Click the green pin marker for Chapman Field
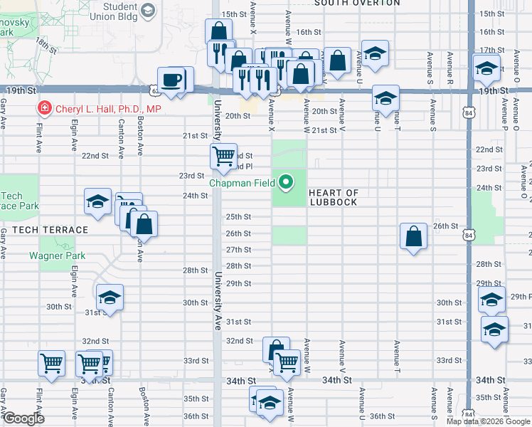287,183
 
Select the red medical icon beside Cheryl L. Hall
44,109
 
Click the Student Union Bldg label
134,11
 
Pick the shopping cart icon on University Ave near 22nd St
223,155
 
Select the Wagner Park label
57,255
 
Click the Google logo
23,418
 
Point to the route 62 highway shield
154,90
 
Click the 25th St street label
238,216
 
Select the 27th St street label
238,250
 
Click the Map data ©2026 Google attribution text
489,421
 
